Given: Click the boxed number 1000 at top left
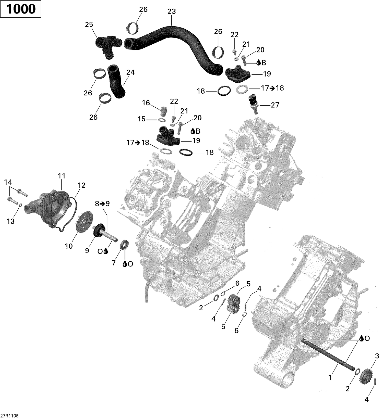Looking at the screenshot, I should [x=21, y=9].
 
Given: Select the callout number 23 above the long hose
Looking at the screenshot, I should [x=172, y=11].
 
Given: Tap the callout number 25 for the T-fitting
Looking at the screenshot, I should [x=89, y=25].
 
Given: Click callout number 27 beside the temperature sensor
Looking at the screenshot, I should [x=275, y=105].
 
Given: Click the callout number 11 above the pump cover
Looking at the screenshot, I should [x=62, y=176].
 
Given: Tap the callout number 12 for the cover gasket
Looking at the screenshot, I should [x=81, y=185].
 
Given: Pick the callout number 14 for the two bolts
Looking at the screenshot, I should [x=8, y=182].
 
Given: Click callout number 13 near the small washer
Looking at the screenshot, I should [x=10, y=221].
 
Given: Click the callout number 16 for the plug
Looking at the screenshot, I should [x=146, y=103].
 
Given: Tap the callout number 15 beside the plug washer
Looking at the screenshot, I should [x=142, y=119].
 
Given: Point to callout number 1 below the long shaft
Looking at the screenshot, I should [x=330, y=377].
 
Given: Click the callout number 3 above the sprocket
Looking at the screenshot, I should [x=377, y=356].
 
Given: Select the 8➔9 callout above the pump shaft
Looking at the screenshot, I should [x=102, y=204].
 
